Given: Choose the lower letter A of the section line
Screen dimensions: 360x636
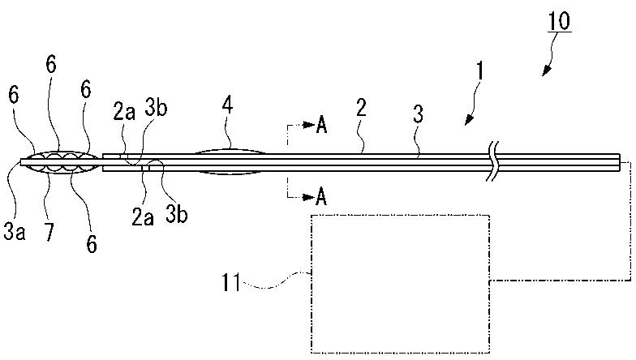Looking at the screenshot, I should pyautogui.click(x=321, y=196).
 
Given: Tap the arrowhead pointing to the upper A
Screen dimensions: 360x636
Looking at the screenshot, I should pyautogui.click(x=309, y=126).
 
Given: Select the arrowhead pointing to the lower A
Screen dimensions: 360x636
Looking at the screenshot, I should pyautogui.click(x=309, y=196).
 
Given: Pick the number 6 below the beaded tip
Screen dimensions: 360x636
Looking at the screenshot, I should pyautogui.click(x=91, y=241).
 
